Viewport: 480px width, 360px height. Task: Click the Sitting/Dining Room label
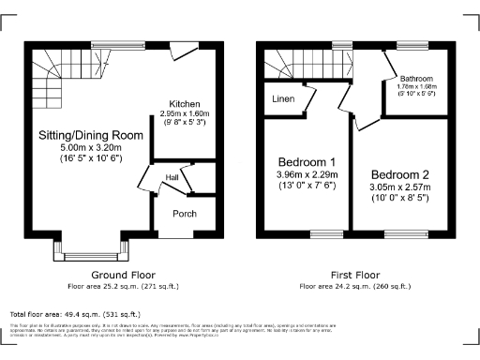click(x=90, y=136)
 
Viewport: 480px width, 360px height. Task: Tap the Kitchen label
click(x=184, y=103)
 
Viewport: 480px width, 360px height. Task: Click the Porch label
click(x=184, y=213)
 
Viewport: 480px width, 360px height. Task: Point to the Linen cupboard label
click(x=282, y=98)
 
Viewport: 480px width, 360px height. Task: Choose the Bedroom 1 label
click(x=301, y=160)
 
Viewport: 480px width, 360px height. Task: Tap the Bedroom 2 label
click(x=399, y=175)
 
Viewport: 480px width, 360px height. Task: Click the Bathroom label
click(x=415, y=79)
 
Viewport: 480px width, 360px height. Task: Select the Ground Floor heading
click(x=122, y=275)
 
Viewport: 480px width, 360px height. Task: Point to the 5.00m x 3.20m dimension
click(x=90, y=147)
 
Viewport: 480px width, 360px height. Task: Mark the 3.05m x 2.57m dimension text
click(x=399, y=187)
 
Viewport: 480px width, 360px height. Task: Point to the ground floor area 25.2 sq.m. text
click(x=122, y=285)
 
